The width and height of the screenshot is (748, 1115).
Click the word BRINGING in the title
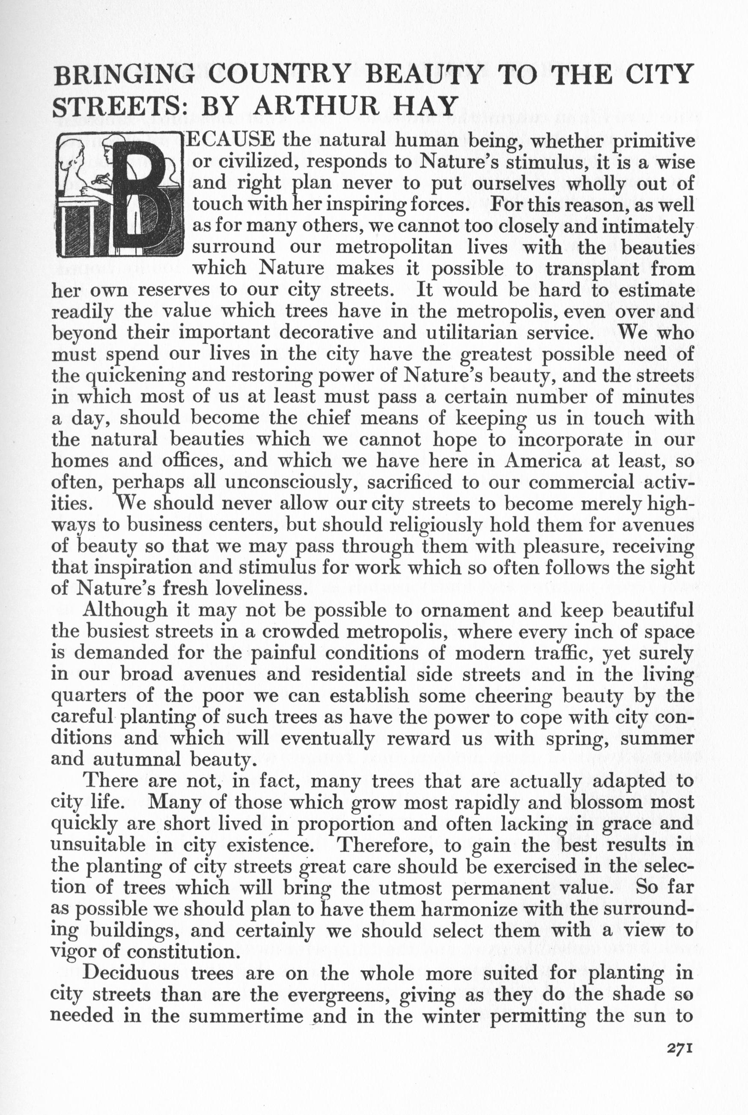125,75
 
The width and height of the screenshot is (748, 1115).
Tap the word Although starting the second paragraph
125,611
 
